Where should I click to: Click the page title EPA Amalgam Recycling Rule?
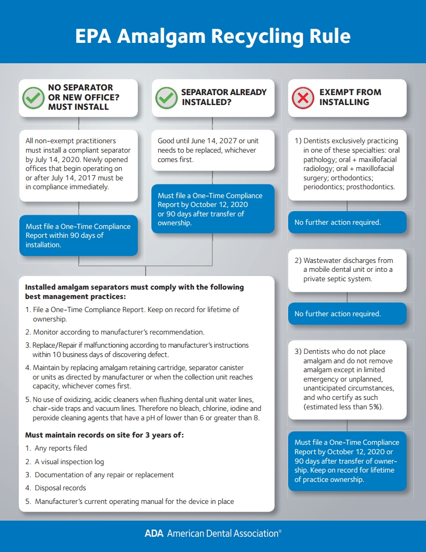click(212, 37)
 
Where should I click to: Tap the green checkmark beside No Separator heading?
click(33, 97)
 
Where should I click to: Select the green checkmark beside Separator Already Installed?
click(167, 97)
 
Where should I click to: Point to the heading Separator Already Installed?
click(224, 97)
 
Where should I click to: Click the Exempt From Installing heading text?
click(350, 97)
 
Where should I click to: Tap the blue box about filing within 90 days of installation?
click(78, 235)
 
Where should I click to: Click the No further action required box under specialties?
click(347, 222)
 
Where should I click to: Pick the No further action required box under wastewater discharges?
click(347, 314)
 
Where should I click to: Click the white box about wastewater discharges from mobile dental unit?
click(347, 270)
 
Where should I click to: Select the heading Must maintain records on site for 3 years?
click(104, 435)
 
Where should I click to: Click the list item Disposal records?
click(60, 488)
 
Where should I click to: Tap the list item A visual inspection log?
click(69, 462)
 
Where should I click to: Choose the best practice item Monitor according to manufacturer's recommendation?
click(119, 332)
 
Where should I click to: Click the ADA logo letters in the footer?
click(154, 534)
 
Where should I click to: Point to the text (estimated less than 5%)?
click(343, 407)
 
